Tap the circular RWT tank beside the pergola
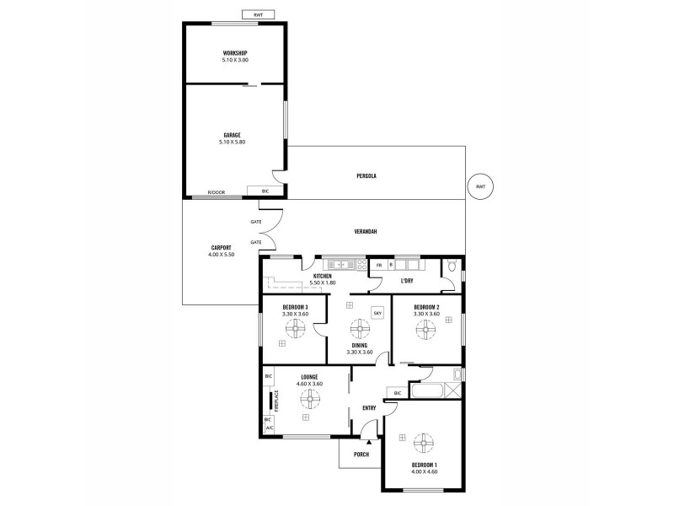coord(480,186)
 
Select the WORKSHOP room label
coord(235,53)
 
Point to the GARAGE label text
coord(233,135)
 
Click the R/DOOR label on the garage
coord(218,192)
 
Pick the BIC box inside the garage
coord(266,191)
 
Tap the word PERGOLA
coord(365,175)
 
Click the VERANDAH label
coord(364,232)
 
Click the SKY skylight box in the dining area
coord(377,310)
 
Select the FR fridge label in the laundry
coord(379,265)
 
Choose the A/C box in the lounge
coord(269,428)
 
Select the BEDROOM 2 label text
coord(426,307)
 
